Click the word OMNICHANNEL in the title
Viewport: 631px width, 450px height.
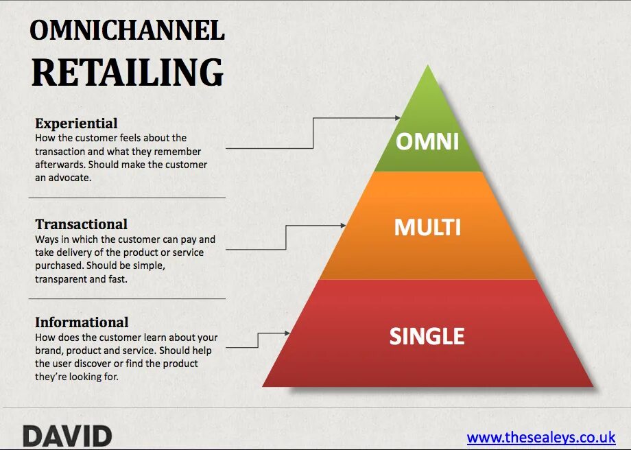tap(128, 31)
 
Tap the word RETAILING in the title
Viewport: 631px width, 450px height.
tap(128, 71)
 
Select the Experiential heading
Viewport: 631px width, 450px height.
tap(76, 123)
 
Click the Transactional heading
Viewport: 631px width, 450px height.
tap(81, 224)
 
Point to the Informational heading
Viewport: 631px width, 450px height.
tap(82, 322)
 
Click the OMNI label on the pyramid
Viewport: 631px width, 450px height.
tap(427, 141)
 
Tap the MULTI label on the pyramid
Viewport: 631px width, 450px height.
tap(427, 227)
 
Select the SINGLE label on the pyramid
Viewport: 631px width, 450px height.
tap(427, 336)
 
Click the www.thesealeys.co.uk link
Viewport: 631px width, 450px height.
tap(540, 438)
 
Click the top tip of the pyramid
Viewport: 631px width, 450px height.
tap(428, 67)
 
